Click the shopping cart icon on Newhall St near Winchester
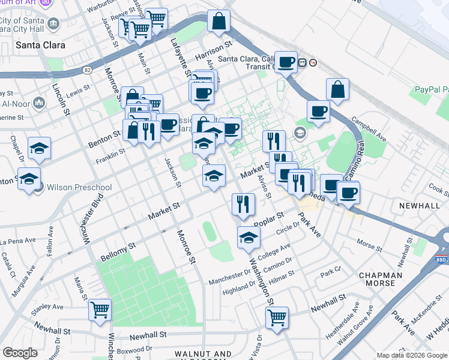click(100, 310)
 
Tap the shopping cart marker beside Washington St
click(277, 318)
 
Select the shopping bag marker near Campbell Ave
click(337, 90)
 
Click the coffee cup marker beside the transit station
click(286, 62)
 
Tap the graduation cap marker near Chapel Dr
click(40, 149)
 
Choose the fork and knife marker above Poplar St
click(243, 205)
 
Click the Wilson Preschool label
click(79, 187)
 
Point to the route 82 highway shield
click(88, 70)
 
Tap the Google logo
click(20, 353)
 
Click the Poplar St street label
click(268, 219)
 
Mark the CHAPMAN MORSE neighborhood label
click(385, 279)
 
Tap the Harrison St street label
click(214, 51)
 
